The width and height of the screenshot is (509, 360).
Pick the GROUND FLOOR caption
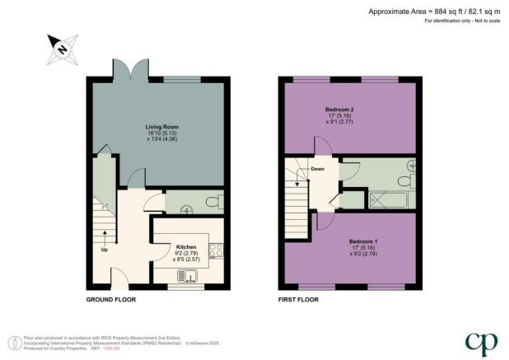(x=111, y=299)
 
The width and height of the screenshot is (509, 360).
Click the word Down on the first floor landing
(x=317, y=169)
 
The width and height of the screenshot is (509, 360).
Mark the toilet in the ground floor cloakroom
(x=212, y=201)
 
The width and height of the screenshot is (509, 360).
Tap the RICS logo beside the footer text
(x=13, y=342)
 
